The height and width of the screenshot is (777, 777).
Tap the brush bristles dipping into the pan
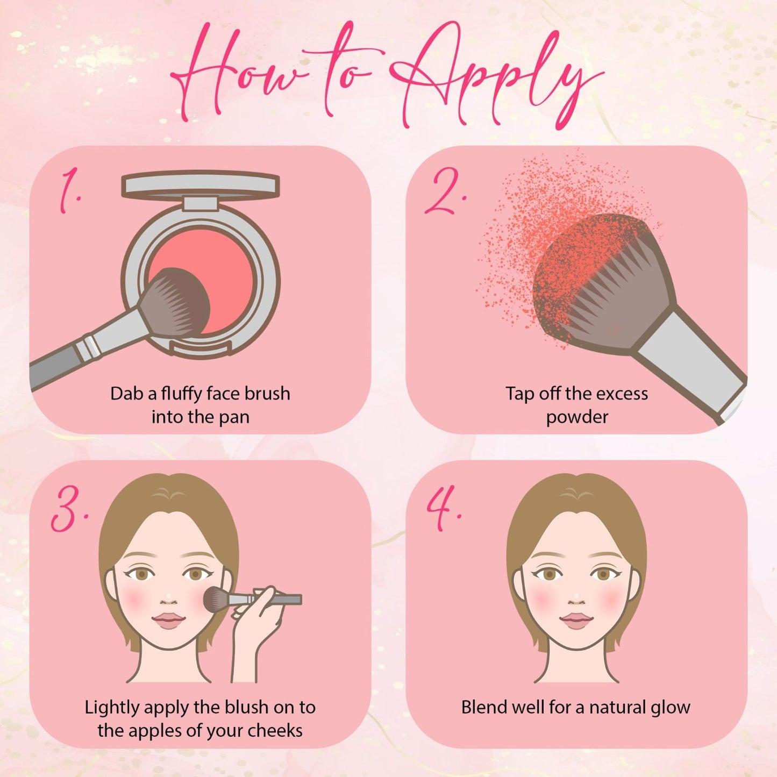(177, 302)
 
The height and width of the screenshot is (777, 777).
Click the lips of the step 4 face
(576, 621)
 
